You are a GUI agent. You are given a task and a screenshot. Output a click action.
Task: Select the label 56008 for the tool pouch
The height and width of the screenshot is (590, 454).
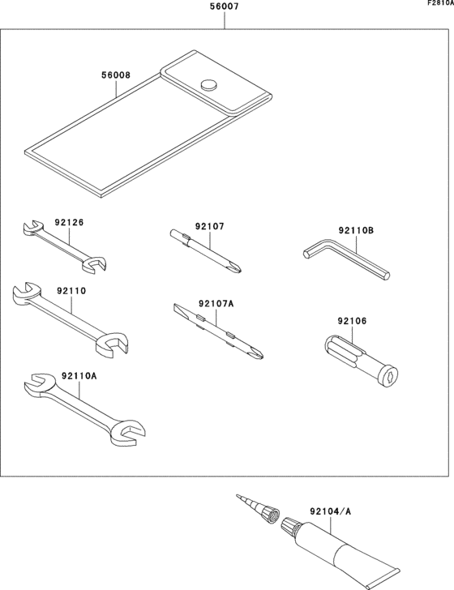point(116,76)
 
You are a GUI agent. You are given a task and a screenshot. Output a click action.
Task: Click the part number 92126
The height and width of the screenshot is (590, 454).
point(69,222)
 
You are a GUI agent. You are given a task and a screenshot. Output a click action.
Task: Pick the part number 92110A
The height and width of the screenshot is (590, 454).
point(79,376)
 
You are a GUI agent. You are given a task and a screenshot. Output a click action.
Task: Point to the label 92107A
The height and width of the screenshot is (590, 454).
point(216,303)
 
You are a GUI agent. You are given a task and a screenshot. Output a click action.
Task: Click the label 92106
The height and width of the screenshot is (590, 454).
point(353,322)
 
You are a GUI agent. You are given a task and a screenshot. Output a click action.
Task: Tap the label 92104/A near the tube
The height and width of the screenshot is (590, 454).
point(330,512)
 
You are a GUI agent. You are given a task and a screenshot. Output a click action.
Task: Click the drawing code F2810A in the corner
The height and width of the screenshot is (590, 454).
point(440,4)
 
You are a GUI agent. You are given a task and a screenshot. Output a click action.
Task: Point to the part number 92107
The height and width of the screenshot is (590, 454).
point(209,227)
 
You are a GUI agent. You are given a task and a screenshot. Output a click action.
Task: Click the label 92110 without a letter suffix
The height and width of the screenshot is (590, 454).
point(71,290)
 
